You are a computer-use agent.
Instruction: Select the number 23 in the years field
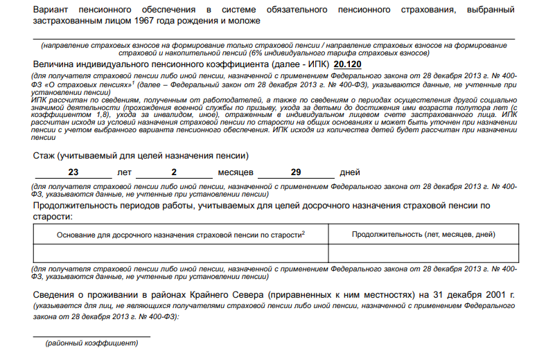(73, 172)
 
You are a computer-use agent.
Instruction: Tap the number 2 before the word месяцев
(174, 172)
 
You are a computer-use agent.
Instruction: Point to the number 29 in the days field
(296, 172)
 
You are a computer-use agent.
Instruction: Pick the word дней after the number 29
(350, 172)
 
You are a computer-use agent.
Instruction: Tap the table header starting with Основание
(180, 235)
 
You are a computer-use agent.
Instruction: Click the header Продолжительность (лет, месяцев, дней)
(423, 235)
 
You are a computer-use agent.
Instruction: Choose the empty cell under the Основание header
(180, 253)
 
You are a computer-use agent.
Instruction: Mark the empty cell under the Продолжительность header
(423, 253)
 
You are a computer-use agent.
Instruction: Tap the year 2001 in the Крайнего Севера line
(494, 294)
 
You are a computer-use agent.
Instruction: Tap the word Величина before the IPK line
(55, 64)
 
